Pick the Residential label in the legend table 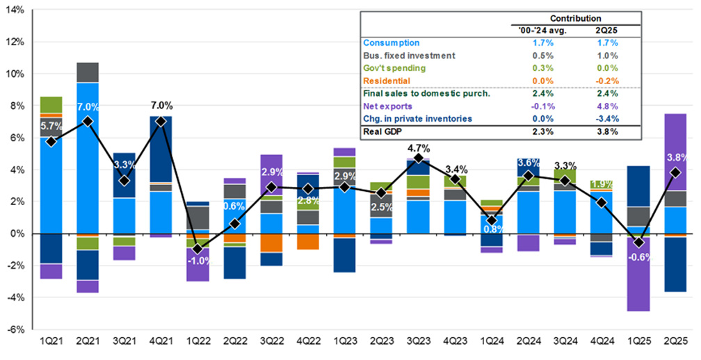pyautogui.click(x=387, y=81)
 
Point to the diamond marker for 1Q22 pyautogui.click(x=198, y=249)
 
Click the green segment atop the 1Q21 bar pyautogui.click(x=51, y=104)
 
